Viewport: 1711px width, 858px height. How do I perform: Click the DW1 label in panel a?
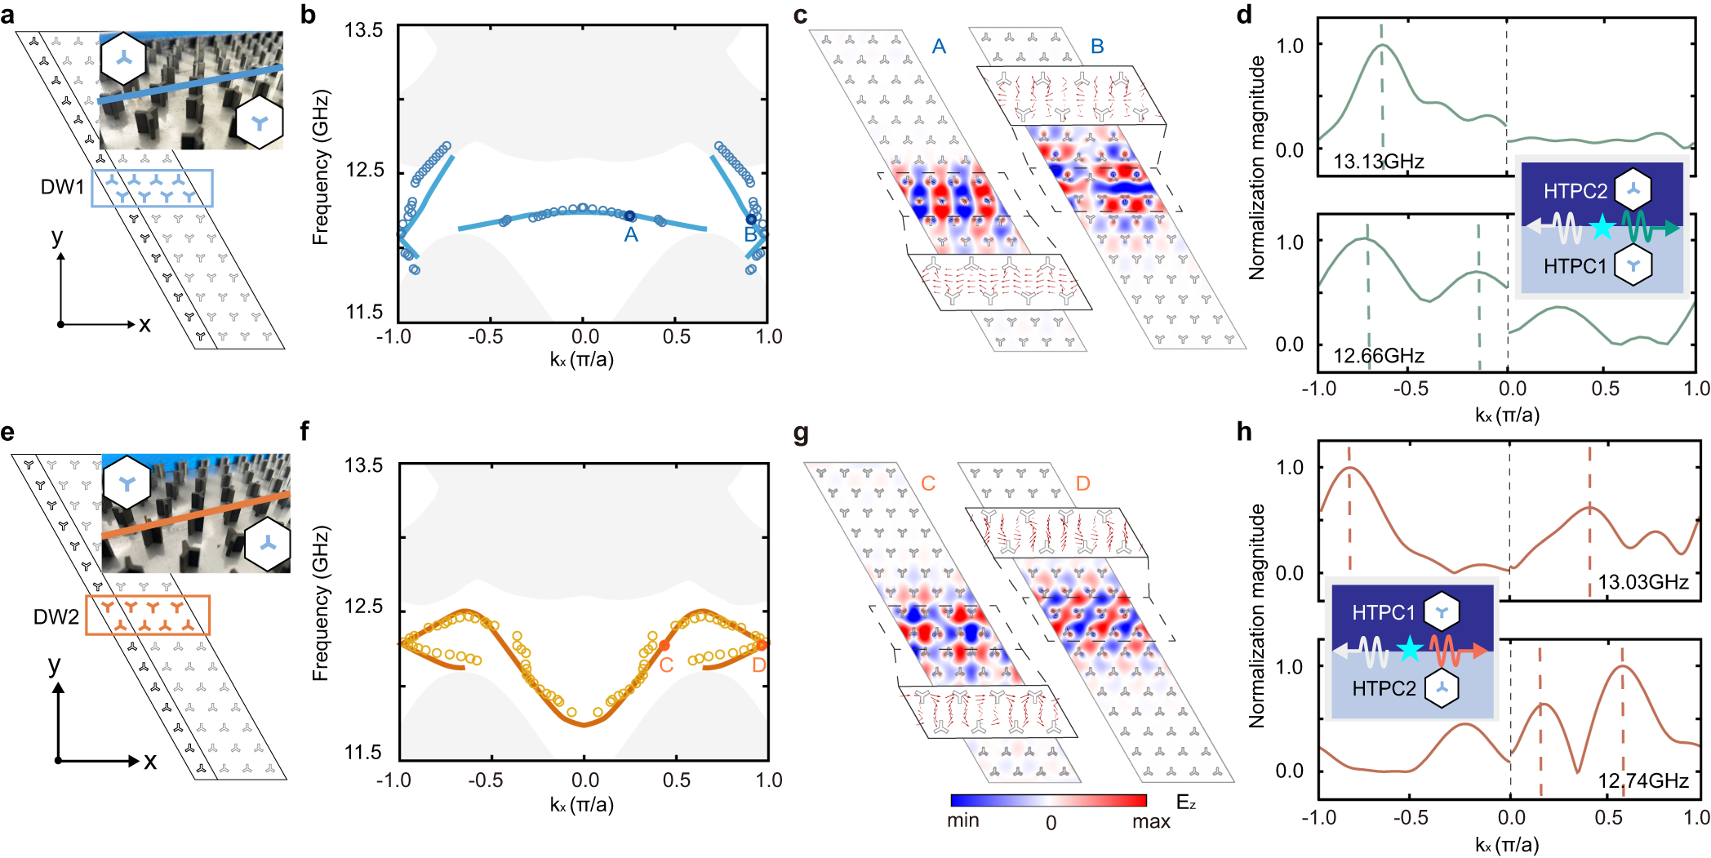tap(62, 187)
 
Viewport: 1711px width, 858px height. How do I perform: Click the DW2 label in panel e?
tap(56, 616)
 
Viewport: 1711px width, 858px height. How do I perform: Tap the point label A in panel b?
tap(630, 235)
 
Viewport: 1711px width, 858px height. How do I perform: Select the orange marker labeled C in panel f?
tap(664, 645)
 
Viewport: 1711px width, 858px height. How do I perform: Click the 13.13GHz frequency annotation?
tap(1378, 162)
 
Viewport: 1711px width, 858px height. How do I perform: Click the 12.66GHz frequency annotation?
tap(1378, 356)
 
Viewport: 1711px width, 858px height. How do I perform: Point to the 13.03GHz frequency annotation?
tap(1642, 582)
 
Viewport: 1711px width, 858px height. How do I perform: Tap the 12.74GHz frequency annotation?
tap(1642, 781)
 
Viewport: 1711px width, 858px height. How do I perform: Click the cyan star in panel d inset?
tap(1602, 228)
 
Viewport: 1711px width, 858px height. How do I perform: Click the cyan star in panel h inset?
tap(1409, 651)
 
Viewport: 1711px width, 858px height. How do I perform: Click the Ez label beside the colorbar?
tap(1186, 802)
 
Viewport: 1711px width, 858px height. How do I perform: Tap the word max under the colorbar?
tap(1151, 821)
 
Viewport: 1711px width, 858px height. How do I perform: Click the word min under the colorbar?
tap(962, 820)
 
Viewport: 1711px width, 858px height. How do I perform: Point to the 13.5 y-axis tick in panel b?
tap(363, 30)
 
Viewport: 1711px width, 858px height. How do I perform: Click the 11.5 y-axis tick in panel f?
tap(363, 752)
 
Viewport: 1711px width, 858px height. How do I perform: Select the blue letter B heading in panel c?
tap(1097, 47)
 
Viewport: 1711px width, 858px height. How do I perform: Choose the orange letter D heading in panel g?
tap(1082, 483)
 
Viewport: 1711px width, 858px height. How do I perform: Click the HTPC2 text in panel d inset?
tap(1575, 191)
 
